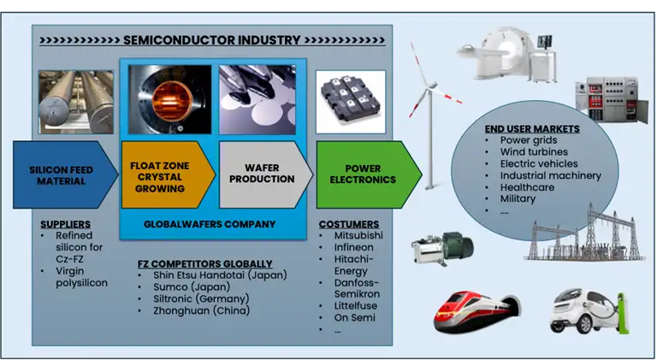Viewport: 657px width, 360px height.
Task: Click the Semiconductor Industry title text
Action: (x=211, y=40)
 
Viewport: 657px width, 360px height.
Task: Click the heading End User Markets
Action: (x=531, y=129)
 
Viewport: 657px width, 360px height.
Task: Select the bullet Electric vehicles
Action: (x=539, y=163)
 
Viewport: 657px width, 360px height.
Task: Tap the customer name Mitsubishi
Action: (x=357, y=235)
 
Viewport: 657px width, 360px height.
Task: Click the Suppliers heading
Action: (x=65, y=224)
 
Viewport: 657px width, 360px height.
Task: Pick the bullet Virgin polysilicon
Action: (x=81, y=277)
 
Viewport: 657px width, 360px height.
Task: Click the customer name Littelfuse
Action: (x=353, y=305)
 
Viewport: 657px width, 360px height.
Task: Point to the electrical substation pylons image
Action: (x=582, y=231)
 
